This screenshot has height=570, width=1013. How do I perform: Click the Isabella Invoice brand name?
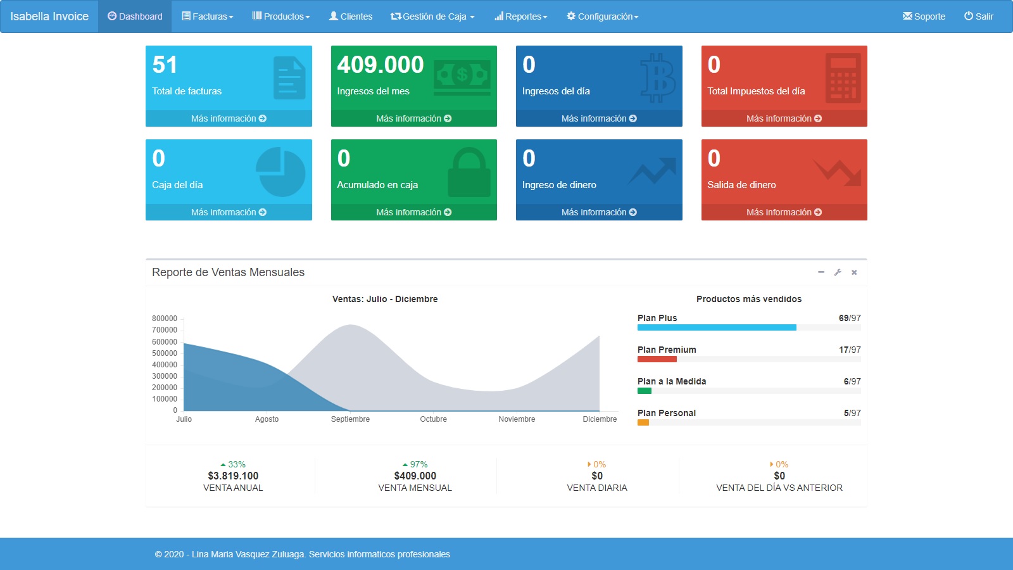tap(49, 16)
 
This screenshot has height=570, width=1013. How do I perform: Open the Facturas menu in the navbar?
tap(208, 16)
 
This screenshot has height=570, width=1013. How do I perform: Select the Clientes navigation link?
tap(351, 16)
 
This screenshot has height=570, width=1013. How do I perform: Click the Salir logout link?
tap(979, 16)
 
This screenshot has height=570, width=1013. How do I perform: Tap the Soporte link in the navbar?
tap(924, 16)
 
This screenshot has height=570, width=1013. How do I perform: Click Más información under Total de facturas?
tap(229, 118)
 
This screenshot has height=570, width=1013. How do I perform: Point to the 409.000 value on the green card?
tap(381, 65)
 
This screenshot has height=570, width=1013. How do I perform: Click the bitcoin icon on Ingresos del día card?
tap(658, 77)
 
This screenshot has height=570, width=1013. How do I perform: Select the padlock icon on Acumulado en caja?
tap(469, 172)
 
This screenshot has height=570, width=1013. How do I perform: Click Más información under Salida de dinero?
tap(784, 212)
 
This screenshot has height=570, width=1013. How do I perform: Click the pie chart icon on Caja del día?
tap(280, 172)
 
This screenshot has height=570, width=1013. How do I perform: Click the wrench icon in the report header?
tap(838, 272)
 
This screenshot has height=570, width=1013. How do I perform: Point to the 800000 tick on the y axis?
tap(165, 319)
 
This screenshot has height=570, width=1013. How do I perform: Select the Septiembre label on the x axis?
tap(350, 419)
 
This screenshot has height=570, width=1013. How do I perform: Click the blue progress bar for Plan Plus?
tap(717, 327)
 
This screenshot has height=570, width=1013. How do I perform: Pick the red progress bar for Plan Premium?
tap(657, 359)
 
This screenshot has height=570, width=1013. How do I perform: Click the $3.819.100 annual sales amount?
tap(233, 476)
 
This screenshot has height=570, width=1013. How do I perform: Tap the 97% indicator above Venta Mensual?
tap(415, 464)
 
